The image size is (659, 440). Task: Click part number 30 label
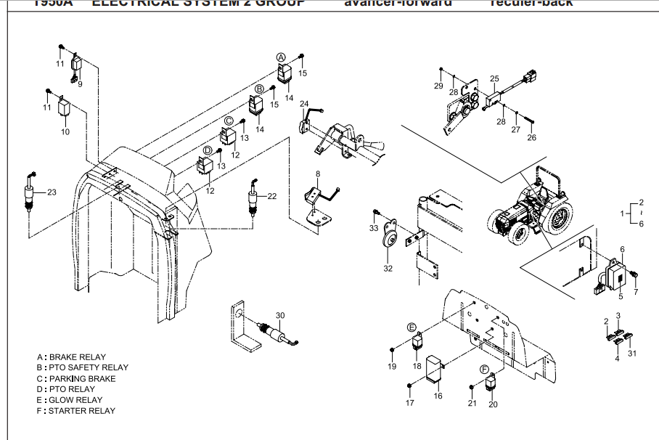pyautogui.click(x=280, y=314)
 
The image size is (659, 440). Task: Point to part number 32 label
pyautogui.click(x=388, y=269)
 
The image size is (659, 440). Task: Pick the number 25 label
pyautogui.click(x=494, y=78)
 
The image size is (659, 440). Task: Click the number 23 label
pyautogui.click(x=51, y=192)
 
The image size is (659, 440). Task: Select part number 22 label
pyautogui.click(x=272, y=196)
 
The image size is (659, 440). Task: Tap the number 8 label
pyautogui.click(x=317, y=174)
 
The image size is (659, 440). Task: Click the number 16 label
pyautogui.click(x=438, y=396)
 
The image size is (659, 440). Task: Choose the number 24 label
pyautogui.click(x=305, y=104)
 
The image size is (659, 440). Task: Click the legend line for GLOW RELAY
pyautogui.click(x=70, y=400)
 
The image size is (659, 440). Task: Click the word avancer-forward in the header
pyautogui.click(x=398, y=3)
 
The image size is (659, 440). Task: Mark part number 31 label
pyautogui.click(x=632, y=354)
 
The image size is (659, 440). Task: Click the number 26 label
pyautogui.click(x=531, y=138)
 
